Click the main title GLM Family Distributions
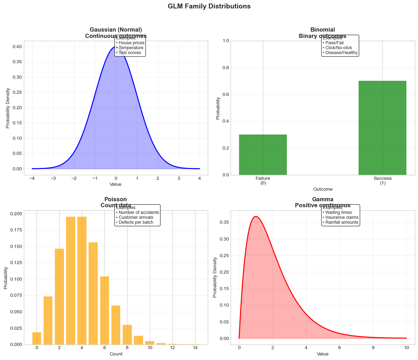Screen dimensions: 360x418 209,6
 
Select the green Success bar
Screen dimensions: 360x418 382,128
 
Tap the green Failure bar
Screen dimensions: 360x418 263,155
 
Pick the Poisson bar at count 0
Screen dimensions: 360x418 37,338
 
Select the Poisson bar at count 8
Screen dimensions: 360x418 127,335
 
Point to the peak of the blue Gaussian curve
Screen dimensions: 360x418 116,47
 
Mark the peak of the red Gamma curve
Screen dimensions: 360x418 256,216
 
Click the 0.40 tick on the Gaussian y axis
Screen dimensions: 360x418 17,47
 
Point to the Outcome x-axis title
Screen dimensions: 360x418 323,189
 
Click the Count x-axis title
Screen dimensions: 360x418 116,354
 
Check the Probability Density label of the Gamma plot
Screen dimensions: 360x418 216,277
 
